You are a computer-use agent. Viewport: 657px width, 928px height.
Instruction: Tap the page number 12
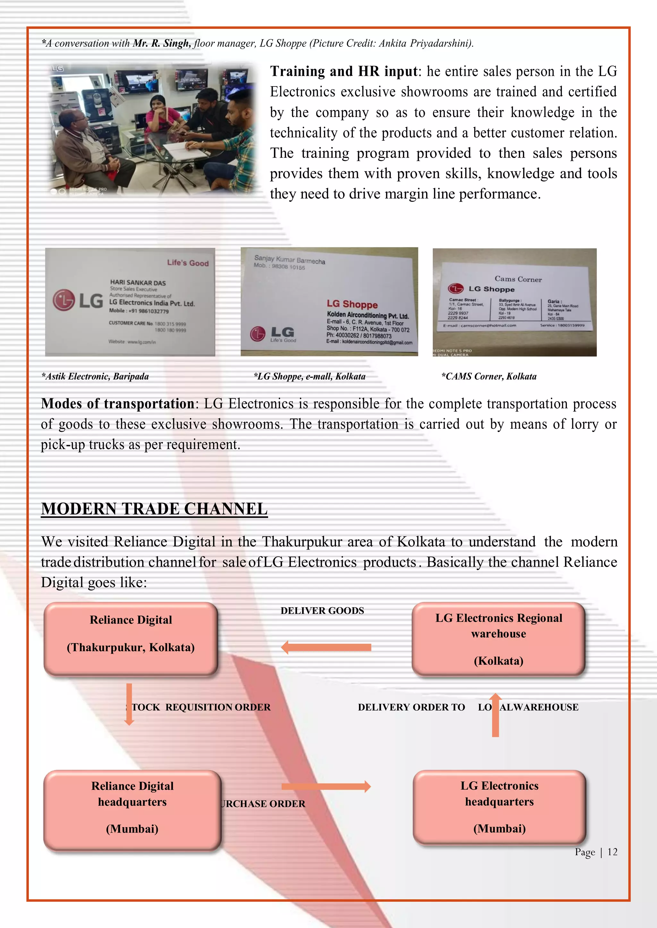point(612,852)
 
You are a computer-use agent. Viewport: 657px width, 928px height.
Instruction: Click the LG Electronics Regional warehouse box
point(499,639)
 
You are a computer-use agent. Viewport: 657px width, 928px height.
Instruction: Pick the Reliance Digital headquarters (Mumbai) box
point(132,810)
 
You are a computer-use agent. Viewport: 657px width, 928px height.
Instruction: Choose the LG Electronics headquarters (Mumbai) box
point(499,807)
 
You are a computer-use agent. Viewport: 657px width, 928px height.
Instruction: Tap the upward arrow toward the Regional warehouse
point(495,715)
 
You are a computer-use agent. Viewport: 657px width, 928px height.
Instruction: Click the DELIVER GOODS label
point(322,611)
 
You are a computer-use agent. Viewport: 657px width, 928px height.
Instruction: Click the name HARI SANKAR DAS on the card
point(138,283)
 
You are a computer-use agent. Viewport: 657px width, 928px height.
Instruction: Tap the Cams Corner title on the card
point(518,279)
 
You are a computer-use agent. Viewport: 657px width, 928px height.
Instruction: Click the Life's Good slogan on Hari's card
point(188,263)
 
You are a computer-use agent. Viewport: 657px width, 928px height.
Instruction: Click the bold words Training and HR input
point(344,71)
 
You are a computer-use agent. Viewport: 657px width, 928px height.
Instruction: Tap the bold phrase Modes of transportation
point(118,404)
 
